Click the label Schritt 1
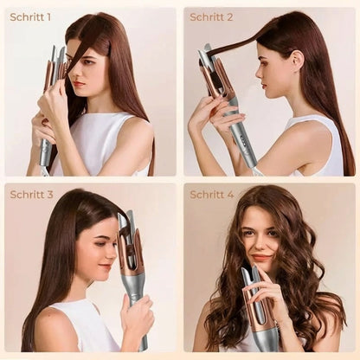(30, 17)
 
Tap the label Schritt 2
(212, 17)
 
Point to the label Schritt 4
(212, 195)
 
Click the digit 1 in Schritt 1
(48, 17)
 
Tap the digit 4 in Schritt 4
(230, 195)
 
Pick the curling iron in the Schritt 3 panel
(130, 260)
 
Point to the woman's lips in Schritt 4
(260, 257)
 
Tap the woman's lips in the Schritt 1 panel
(80, 84)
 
